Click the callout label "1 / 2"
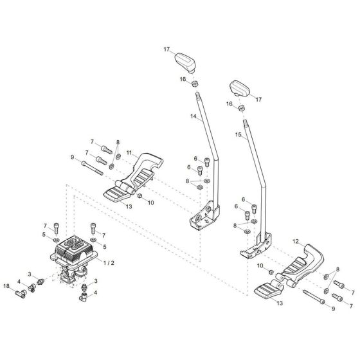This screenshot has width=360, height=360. [x=110, y=263]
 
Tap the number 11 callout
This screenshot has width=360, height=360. [x=129, y=154]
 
